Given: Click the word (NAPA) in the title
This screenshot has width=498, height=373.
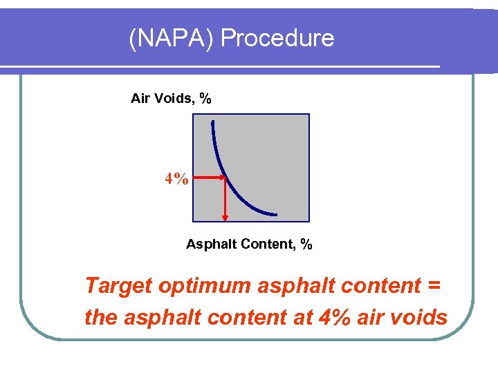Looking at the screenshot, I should tap(172, 38).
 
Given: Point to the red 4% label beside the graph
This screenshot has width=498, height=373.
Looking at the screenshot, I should tap(176, 180).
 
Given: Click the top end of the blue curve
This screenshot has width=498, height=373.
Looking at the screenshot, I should tap(212, 122).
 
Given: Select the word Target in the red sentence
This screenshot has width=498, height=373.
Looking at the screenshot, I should tap(118, 285).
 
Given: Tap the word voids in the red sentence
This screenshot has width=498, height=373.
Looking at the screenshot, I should tap(416, 318).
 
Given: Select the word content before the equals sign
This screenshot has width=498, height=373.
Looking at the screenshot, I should tap(374, 285).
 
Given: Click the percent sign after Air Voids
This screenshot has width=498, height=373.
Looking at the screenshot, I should tap(205, 99).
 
